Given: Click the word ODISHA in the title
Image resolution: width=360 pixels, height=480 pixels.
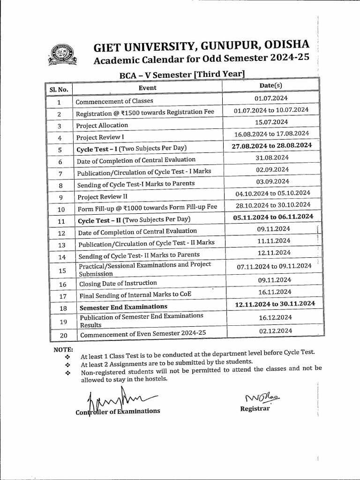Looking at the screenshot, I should tap(287, 45).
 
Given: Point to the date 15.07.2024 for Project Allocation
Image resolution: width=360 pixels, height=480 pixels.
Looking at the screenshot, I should tap(271, 122).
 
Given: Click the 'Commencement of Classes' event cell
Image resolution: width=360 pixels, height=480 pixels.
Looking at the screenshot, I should tap(114, 101).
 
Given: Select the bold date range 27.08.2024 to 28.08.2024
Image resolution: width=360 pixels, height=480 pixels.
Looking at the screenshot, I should tap(272, 146).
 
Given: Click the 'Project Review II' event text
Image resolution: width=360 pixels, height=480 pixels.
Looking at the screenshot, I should tap(102, 197).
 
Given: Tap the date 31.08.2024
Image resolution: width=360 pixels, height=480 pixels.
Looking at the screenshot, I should tap(272, 157).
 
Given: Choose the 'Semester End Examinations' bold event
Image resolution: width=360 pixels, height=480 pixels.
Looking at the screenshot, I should tap(123, 307).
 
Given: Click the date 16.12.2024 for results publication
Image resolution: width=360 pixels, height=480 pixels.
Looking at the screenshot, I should tap(275, 317).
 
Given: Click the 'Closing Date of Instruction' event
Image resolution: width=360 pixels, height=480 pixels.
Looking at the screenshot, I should tap(118, 284).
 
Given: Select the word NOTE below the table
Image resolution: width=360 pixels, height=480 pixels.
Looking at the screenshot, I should tap(63, 350).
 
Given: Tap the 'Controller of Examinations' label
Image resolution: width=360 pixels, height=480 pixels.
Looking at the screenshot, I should tap(118, 411).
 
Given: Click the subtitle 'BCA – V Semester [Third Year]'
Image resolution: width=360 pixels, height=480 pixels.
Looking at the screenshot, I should tap(182, 74).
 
